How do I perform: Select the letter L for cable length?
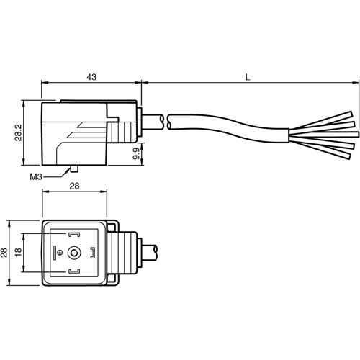[x=248, y=76]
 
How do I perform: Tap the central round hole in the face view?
[x=75, y=252]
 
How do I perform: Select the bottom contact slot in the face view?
[x=75, y=271]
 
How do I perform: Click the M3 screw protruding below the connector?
[x=73, y=170]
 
